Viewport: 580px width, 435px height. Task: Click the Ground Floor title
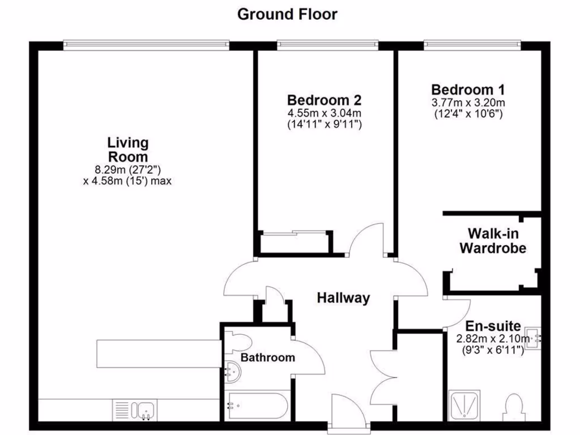click(x=287, y=14)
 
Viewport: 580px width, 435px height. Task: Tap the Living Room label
click(x=128, y=150)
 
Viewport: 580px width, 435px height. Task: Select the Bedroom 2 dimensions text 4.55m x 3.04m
click(x=324, y=113)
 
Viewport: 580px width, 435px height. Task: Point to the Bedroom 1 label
click(x=468, y=89)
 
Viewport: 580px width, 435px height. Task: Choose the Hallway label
click(x=343, y=298)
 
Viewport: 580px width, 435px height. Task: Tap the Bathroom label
click(x=267, y=357)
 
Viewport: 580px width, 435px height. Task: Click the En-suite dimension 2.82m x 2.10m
click(x=493, y=339)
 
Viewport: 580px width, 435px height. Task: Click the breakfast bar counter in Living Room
click(x=159, y=353)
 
